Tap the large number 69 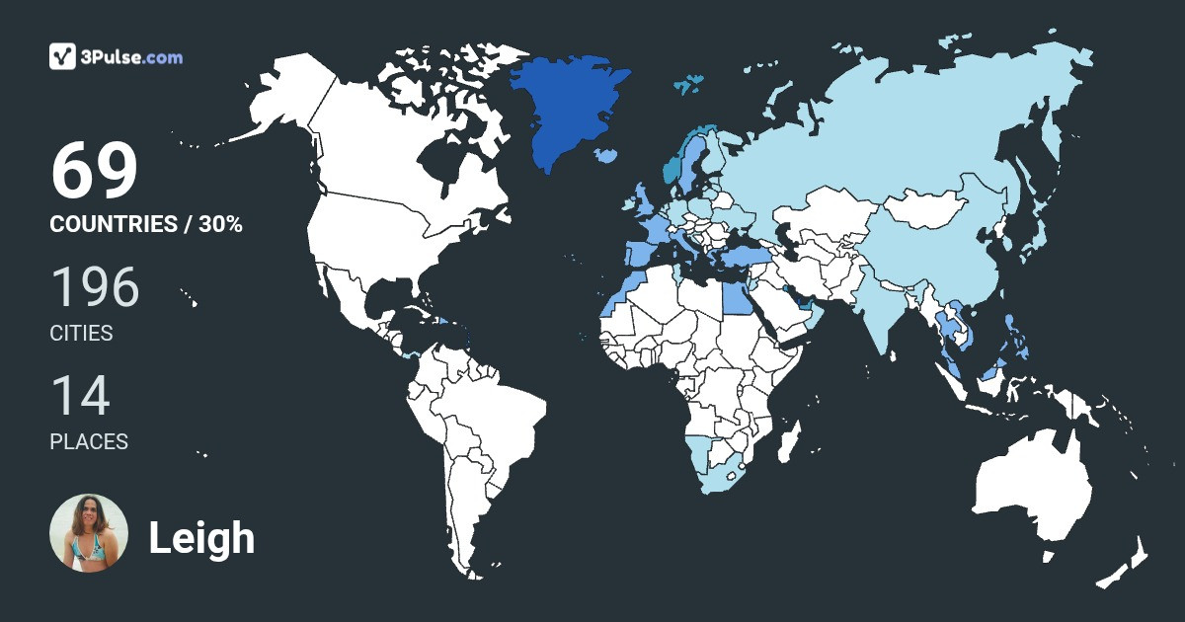tap(95, 172)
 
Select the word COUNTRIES tap(113, 224)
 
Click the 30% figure tap(220, 224)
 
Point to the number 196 tap(95, 287)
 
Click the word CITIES tap(81, 334)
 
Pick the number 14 tap(80, 396)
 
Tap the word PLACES tap(89, 442)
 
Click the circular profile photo tap(89, 533)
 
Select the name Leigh tap(201, 538)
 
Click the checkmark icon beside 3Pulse tap(63, 56)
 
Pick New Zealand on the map tap(1126, 563)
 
